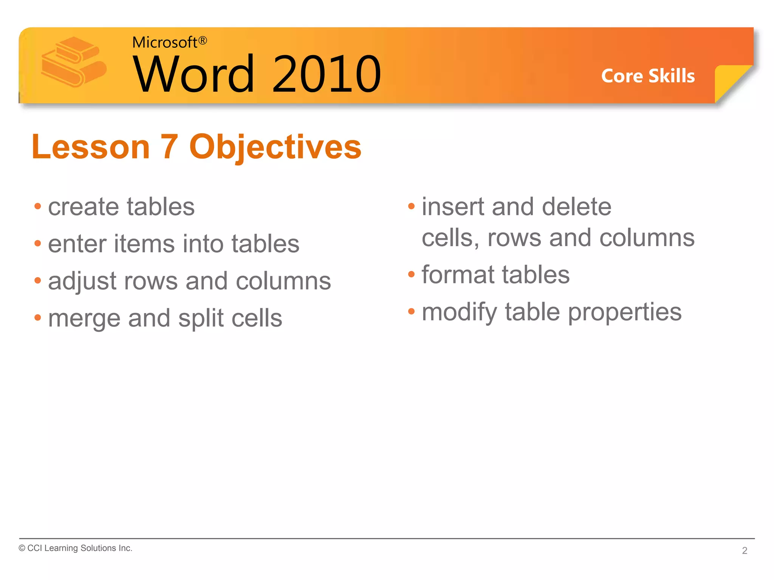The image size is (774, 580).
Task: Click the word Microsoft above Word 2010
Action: coord(164,42)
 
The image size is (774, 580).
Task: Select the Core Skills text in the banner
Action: coord(648,76)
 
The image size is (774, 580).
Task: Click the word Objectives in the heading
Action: coord(275,147)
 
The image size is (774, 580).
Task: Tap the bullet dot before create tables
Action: coord(37,207)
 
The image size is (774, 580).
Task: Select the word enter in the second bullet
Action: coord(77,244)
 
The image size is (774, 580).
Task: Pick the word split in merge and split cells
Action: coord(201,318)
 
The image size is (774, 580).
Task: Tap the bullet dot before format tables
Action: coord(411,274)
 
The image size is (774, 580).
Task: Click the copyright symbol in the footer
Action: coord(22,548)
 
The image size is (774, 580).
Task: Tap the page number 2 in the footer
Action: coord(744,551)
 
